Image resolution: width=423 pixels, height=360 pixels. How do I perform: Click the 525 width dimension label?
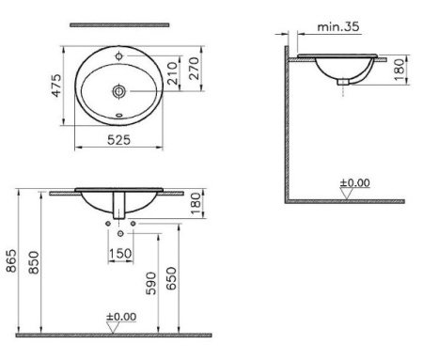point(118,140)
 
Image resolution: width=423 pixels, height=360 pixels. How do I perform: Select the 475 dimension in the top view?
point(56,86)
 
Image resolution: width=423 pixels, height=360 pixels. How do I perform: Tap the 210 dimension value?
point(172,73)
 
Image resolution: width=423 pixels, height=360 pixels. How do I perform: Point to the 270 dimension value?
point(194,68)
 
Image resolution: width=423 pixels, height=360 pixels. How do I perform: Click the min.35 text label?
point(338,26)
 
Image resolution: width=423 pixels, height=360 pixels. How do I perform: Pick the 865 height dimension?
point(11,260)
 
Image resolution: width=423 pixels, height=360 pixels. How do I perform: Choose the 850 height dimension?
point(34,262)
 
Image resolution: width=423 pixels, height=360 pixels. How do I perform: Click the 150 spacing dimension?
point(120,253)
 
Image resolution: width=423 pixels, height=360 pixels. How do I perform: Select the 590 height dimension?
point(151,283)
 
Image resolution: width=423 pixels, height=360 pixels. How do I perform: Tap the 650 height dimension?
point(171,278)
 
